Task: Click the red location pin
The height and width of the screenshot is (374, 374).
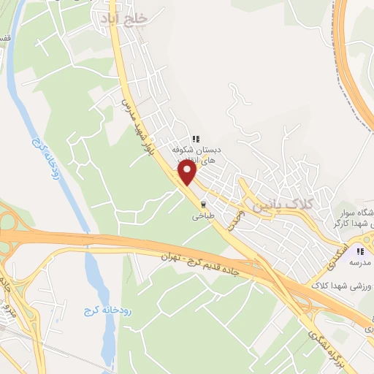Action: point(188,172)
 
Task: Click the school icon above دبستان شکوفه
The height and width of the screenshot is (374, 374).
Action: point(195,138)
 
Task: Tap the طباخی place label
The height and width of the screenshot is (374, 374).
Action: point(202,216)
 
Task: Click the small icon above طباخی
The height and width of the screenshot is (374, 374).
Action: point(203,205)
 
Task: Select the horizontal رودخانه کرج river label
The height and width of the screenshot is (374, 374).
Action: point(98,312)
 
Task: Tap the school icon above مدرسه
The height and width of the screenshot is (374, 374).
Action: point(360,251)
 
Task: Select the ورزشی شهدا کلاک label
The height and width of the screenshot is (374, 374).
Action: point(341,286)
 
